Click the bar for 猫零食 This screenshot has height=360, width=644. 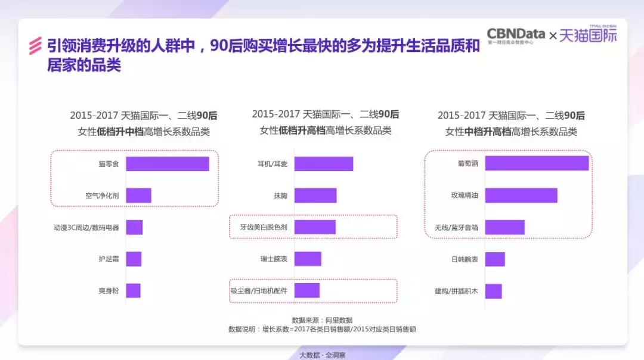pos(167,164)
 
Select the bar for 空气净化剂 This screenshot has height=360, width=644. pos(138,195)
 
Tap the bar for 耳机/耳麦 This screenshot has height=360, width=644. pos(323,164)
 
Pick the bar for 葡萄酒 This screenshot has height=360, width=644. pos(537,163)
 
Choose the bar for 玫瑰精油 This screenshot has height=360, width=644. pos(521,195)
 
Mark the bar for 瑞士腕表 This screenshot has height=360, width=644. pos(308,259)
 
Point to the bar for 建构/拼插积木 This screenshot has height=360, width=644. pos(493,291)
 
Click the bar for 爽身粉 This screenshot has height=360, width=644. pos(133,291)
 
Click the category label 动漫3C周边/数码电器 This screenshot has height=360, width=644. pos(86,227)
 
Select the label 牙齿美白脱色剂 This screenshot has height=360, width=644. pos(264,227)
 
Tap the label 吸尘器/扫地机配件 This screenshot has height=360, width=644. pos(259,291)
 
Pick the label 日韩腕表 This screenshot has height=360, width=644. pos(465,259)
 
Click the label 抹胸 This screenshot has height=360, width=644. pos(280,195)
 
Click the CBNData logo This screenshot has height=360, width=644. pos(516,35)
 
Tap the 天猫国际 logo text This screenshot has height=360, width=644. pos(588,36)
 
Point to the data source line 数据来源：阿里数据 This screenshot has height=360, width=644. pos(322,320)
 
